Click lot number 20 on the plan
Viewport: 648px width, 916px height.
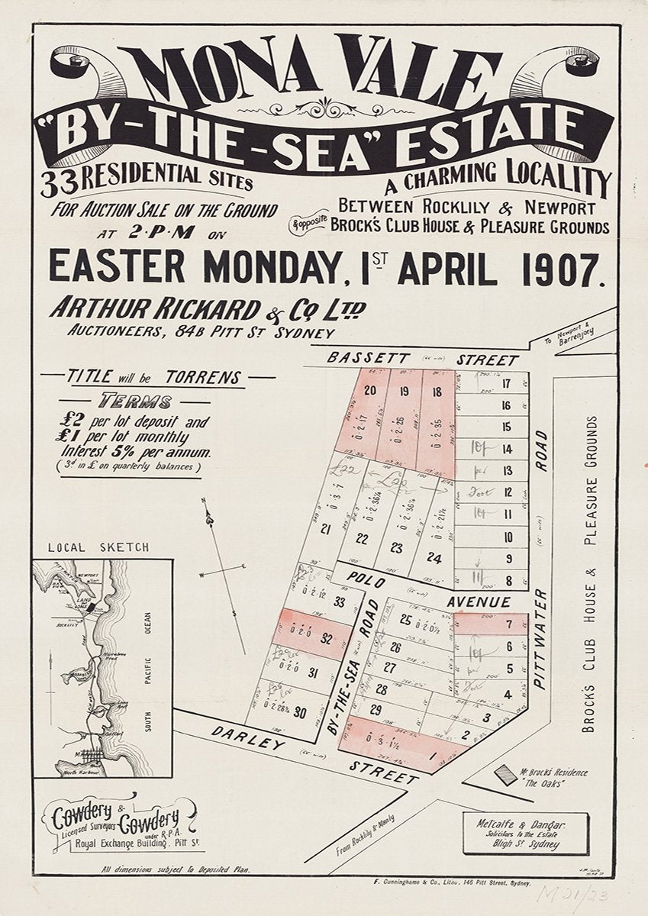coord(370,391)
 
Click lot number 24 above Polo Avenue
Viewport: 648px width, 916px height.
coord(434,559)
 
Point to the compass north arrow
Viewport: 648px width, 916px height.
coord(208,519)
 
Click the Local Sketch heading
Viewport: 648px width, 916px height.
coord(98,547)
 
